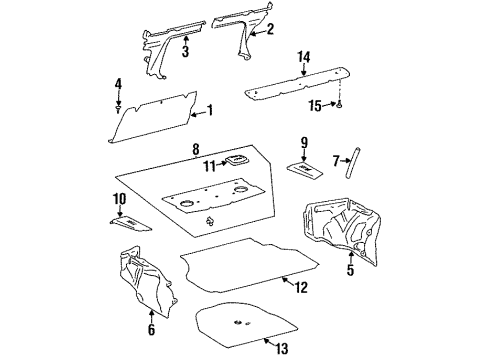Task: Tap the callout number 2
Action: (270, 29)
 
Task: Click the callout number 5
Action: (349, 269)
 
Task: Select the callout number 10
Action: (119, 199)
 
